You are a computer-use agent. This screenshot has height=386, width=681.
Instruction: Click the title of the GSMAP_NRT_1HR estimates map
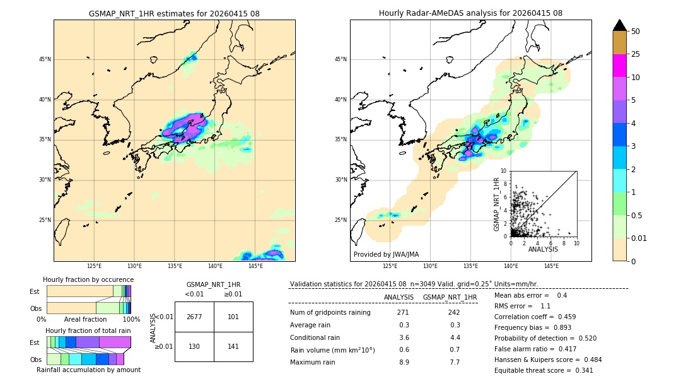(x=174, y=13)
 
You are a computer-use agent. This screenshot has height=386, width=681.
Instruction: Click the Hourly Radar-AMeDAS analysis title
(x=470, y=13)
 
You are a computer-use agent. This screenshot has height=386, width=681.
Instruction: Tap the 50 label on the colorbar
(x=636, y=32)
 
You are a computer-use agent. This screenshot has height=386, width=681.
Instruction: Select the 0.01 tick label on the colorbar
(x=639, y=238)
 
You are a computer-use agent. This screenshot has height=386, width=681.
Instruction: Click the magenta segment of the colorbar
(x=619, y=66)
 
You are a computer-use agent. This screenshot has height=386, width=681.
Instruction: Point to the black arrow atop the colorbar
(x=619, y=25)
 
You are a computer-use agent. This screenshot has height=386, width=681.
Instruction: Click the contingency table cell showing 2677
(x=194, y=317)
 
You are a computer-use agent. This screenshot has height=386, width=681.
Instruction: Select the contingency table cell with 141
(x=233, y=346)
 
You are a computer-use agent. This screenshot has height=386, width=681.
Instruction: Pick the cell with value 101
(x=233, y=317)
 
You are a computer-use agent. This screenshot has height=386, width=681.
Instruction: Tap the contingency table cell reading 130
(x=194, y=346)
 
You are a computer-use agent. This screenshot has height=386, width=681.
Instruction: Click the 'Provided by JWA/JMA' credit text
(x=386, y=255)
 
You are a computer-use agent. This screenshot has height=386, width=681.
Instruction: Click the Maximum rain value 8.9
(x=404, y=362)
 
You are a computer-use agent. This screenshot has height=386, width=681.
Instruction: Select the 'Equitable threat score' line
(x=544, y=370)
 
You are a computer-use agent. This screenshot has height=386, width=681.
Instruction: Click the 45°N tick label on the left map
(x=45, y=59)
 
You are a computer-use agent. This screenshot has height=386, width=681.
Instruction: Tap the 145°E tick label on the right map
(x=551, y=266)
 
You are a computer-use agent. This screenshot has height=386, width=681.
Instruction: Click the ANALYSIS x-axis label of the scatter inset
(x=543, y=249)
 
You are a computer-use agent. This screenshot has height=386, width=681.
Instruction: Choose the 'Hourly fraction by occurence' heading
(x=88, y=279)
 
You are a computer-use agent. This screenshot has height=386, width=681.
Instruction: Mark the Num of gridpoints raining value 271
(x=403, y=313)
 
